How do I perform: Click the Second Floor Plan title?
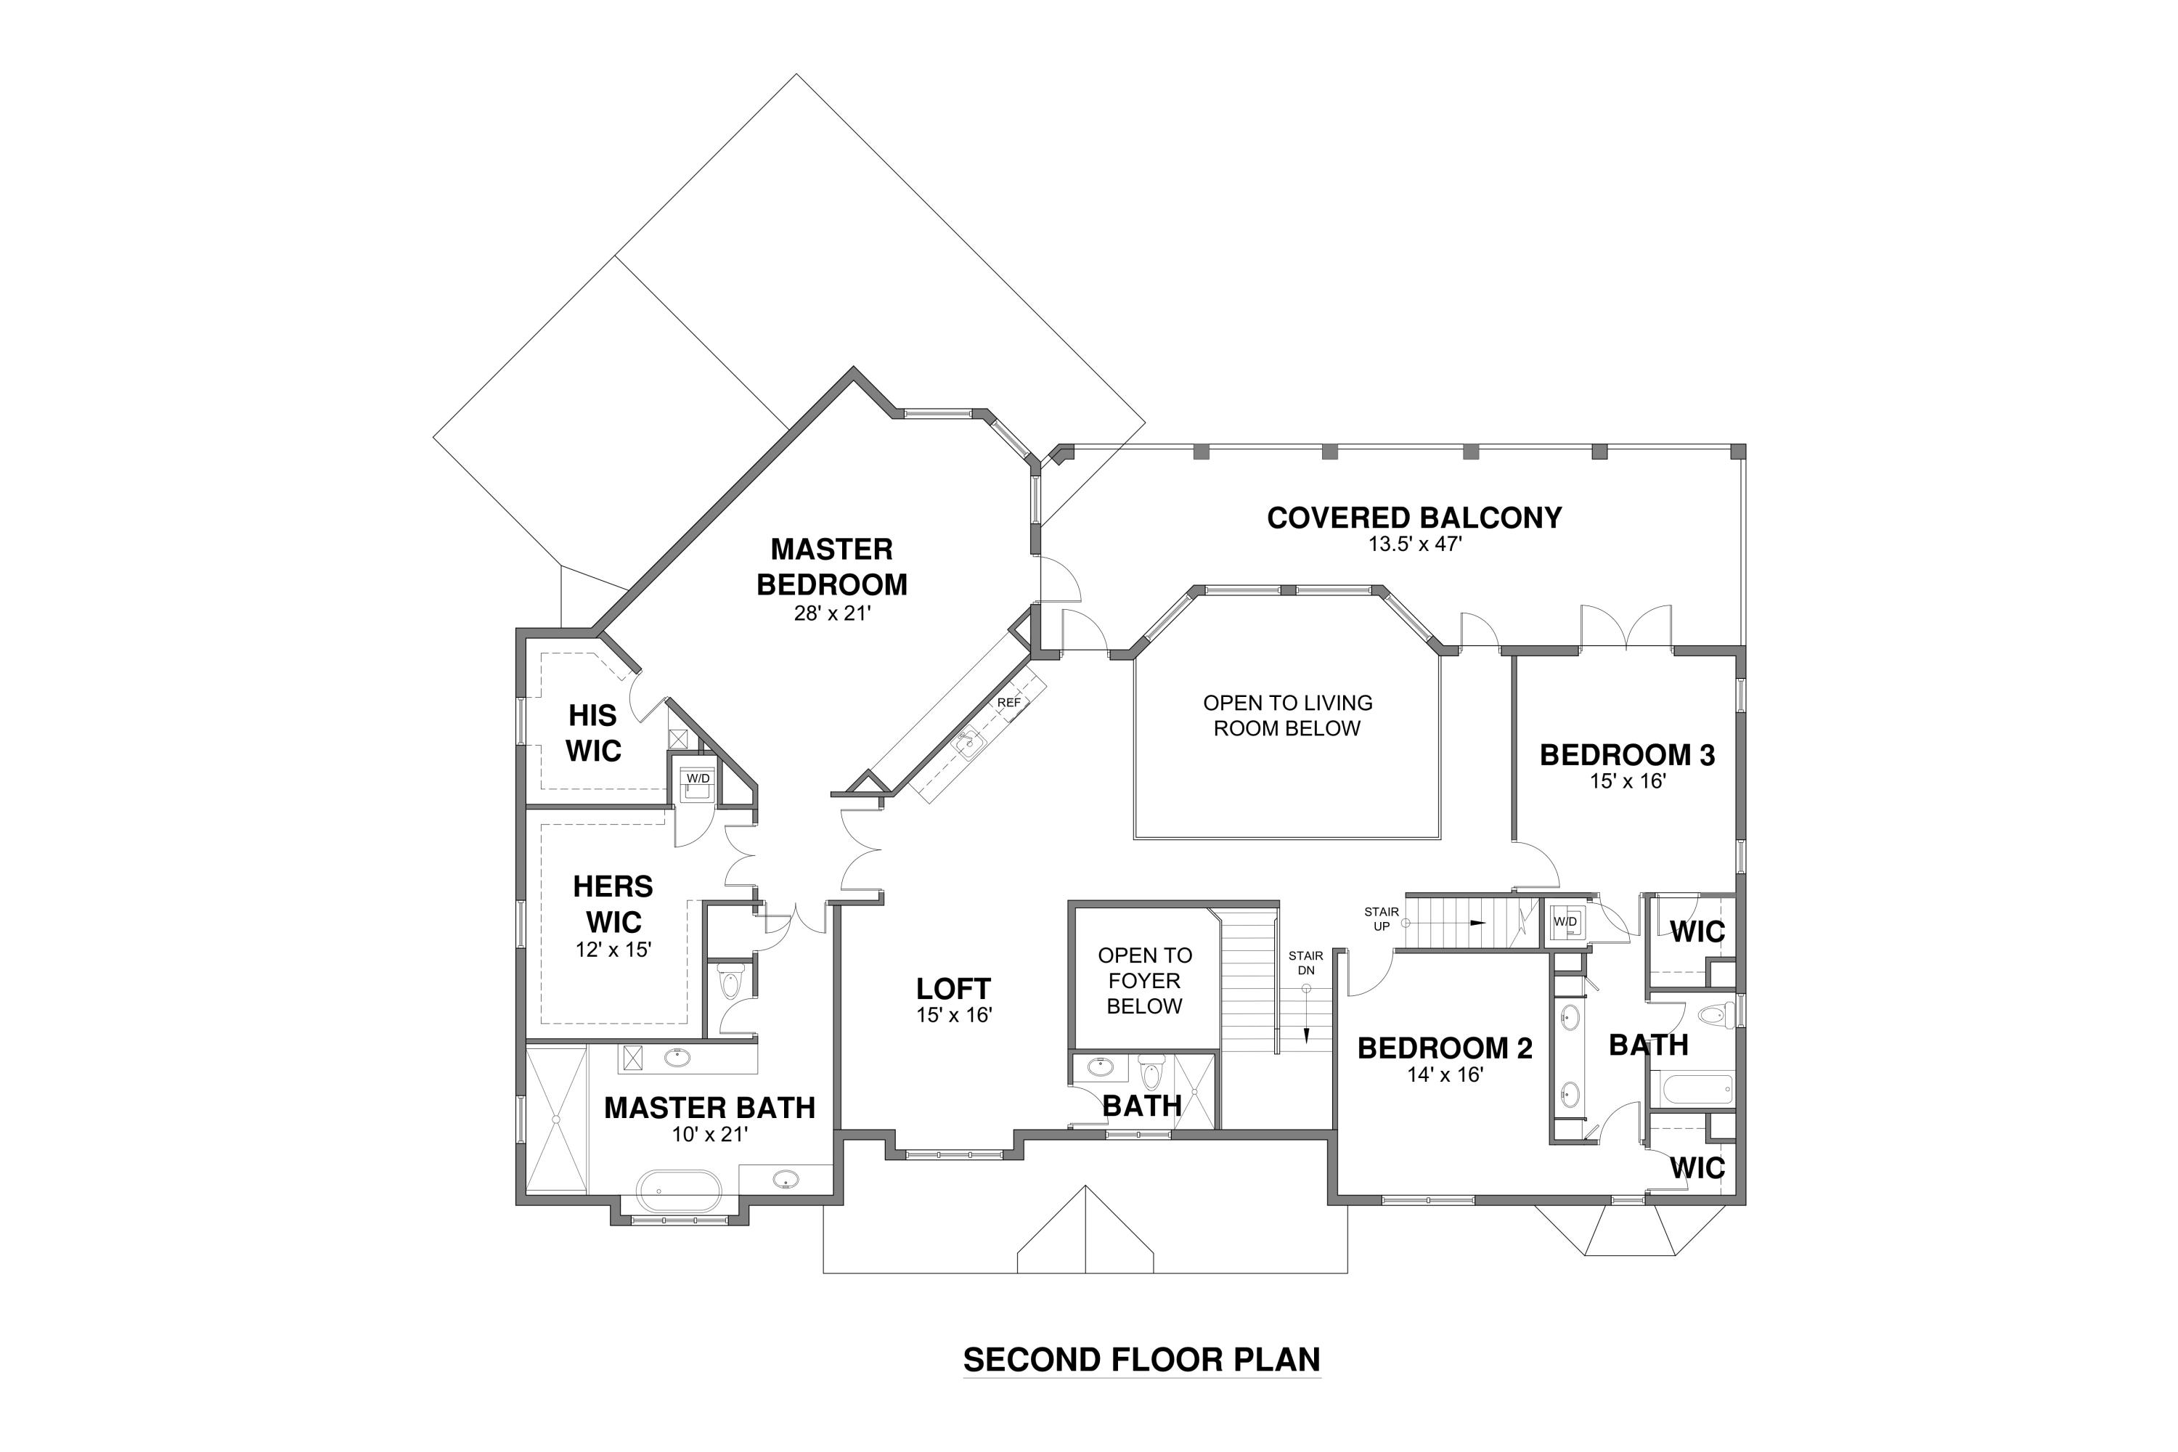pyautogui.click(x=1142, y=1359)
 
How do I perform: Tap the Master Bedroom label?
pyautogui.click(x=831, y=567)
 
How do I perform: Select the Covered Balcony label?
pyautogui.click(x=1414, y=518)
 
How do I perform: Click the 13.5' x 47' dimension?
pyautogui.click(x=1415, y=544)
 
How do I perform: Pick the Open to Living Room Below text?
pyautogui.click(x=1287, y=716)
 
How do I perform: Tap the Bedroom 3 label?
pyautogui.click(x=1627, y=755)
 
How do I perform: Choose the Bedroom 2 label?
pyautogui.click(x=1445, y=1048)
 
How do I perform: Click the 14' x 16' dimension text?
pyautogui.click(x=1445, y=1075)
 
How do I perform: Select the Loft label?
pyautogui.click(x=954, y=989)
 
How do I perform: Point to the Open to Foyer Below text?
pyautogui.click(x=1145, y=981)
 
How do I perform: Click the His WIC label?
pyautogui.click(x=594, y=733)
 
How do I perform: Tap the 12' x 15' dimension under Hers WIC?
pyautogui.click(x=613, y=949)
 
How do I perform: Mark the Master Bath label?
pyautogui.click(x=709, y=1108)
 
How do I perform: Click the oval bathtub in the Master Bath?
pyautogui.click(x=679, y=1193)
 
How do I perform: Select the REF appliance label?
pyautogui.click(x=1008, y=703)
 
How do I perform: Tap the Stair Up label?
pyautogui.click(x=1381, y=918)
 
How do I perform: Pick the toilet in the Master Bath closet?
pyautogui.click(x=730, y=982)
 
